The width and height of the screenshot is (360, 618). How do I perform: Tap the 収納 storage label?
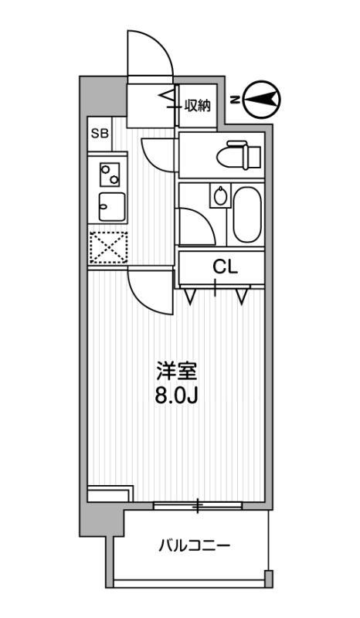coord(198,105)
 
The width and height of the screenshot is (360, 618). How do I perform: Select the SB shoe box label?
coord(100,133)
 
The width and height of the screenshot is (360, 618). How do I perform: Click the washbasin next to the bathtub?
coord(220,196)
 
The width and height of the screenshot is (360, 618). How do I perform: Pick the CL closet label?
coord(224,268)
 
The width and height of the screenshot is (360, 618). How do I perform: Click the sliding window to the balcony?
coord(198,506)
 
